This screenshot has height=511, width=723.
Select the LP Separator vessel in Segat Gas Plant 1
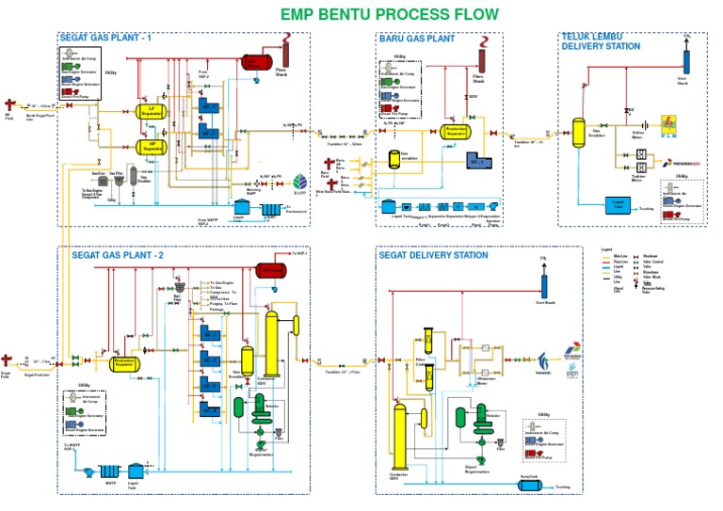tap(145, 112)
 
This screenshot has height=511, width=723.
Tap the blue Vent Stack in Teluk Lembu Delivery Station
tap(685, 58)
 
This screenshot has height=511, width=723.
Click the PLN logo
tap(667, 125)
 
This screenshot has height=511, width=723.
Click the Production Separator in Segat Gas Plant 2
tap(124, 361)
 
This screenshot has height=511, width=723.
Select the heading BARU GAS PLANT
tap(417, 39)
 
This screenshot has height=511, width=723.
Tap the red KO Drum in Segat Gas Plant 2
tap(273, 270)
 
